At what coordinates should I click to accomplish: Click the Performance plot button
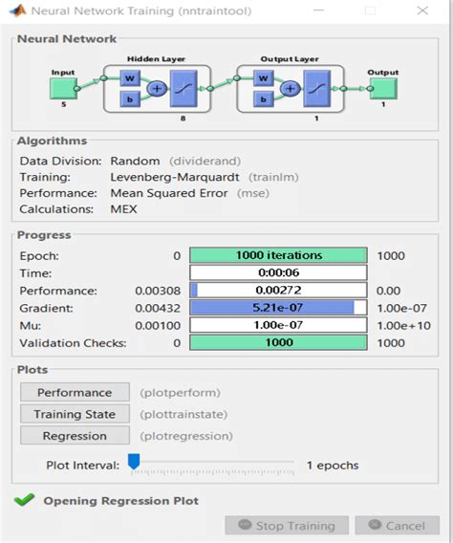click(75, 393)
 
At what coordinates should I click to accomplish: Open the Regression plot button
click(75, 435)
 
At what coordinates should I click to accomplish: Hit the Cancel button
click(397, 525)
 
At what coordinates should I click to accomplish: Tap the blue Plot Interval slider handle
click(134, 462)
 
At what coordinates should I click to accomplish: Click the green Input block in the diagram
click(63, 89)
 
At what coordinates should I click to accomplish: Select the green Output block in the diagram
click(383, 89)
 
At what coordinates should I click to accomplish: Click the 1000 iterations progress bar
click(277, 255)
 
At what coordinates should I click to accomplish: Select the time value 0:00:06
click(277, 272)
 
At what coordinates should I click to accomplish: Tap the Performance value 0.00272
click(277, 290)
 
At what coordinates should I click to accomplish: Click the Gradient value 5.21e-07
click(277, 307)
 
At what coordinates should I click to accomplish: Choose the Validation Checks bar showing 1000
click(277, 341)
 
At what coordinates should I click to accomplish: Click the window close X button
click(421, 11)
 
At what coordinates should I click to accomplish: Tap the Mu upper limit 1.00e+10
click(402, 324)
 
